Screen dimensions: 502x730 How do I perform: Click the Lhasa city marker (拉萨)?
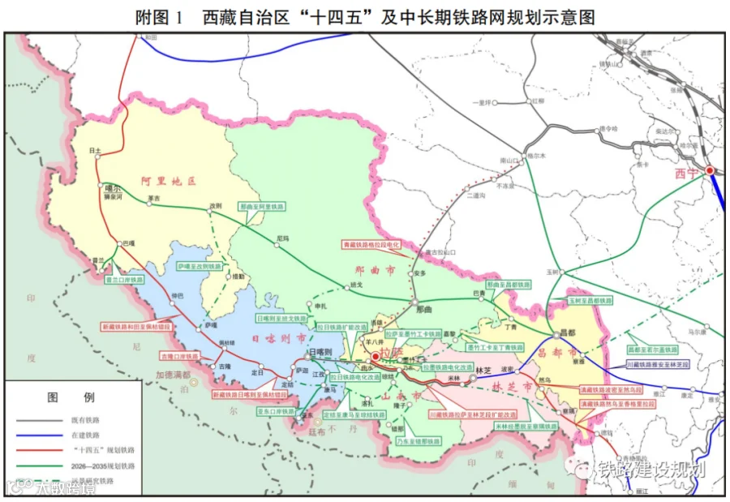click(376, 356)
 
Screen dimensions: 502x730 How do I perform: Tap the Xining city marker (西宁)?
click(710, 170)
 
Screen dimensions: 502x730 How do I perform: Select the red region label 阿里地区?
click(169, 181)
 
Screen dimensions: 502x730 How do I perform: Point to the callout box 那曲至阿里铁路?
click(261, 207)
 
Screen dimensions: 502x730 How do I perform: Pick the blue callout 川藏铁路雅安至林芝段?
click(656, 365)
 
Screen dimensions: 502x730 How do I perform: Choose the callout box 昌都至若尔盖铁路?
click(651, 350)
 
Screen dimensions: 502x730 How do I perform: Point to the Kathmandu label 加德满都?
click(173, 375)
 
